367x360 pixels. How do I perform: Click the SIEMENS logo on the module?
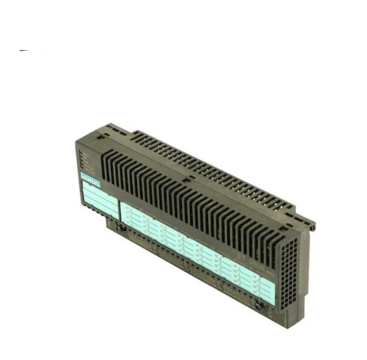(x=90, y=180)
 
